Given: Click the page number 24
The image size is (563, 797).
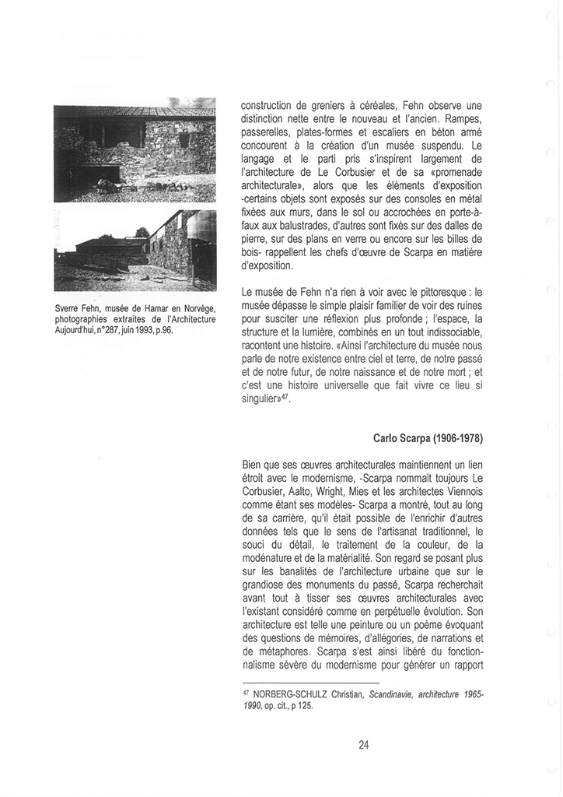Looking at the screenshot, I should (x=364, y=744).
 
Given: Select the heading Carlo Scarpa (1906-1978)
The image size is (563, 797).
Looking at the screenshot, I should (x=428, y=437).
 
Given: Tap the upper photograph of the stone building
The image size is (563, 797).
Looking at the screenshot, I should (x=135, y=150).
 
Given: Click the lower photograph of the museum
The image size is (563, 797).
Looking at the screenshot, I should (x=135, y=250).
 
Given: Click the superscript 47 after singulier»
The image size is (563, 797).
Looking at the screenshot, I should (x=284, y=396).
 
